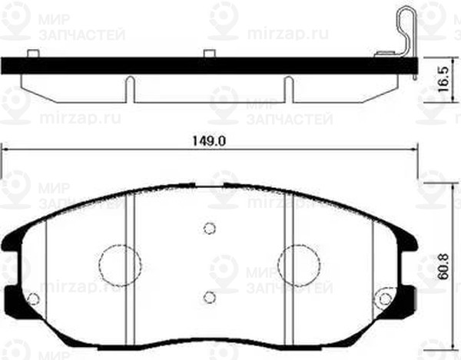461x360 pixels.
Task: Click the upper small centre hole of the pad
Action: coord(209,227)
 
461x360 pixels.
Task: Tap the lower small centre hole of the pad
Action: coord(209,296)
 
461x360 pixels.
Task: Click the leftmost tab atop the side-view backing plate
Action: coord(32,54)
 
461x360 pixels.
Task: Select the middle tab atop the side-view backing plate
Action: coord(209,54)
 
